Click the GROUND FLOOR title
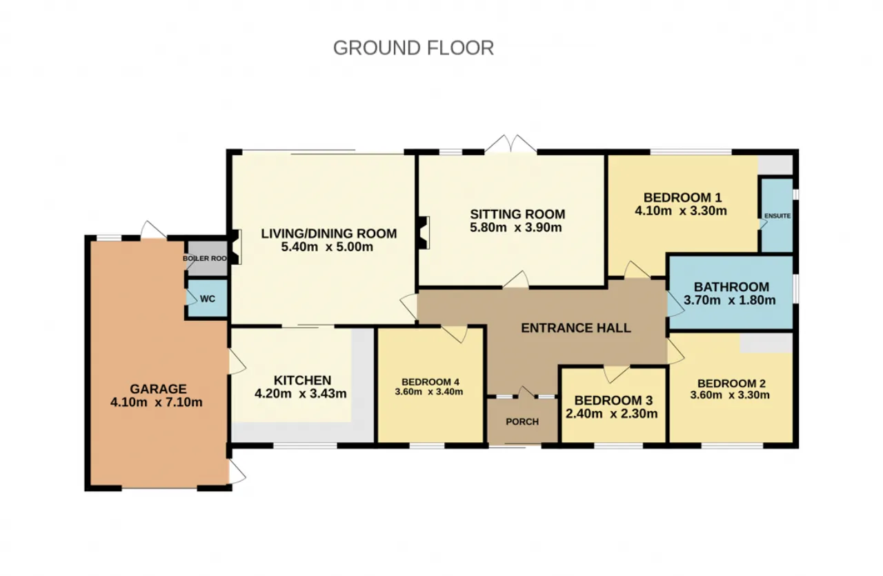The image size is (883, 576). point(413,48)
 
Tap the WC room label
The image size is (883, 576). point(208,299)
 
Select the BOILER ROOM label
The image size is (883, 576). point(205,259)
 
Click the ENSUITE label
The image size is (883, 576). point(777,216)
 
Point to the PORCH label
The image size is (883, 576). point(522,422)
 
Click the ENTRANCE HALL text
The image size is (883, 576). point(576,328)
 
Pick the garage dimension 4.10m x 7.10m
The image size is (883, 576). point(157,402)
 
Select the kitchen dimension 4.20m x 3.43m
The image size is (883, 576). point(301,393)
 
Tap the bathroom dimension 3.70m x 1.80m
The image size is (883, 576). point(730,300)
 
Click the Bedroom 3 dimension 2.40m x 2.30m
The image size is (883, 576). point(612,414)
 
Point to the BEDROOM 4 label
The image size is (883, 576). point(430,381)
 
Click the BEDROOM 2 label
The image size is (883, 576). point(732,384)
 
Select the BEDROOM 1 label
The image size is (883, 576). point(683,197)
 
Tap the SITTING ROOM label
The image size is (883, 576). point(517,214)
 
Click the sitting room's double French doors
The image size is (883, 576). point(511,144)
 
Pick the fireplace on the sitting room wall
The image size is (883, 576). point(424,232)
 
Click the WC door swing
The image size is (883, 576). point(192,298)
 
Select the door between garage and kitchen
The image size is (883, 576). point(237,362)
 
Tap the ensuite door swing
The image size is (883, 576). point(763,224)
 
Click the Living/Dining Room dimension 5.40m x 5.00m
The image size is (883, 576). point(327,247)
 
